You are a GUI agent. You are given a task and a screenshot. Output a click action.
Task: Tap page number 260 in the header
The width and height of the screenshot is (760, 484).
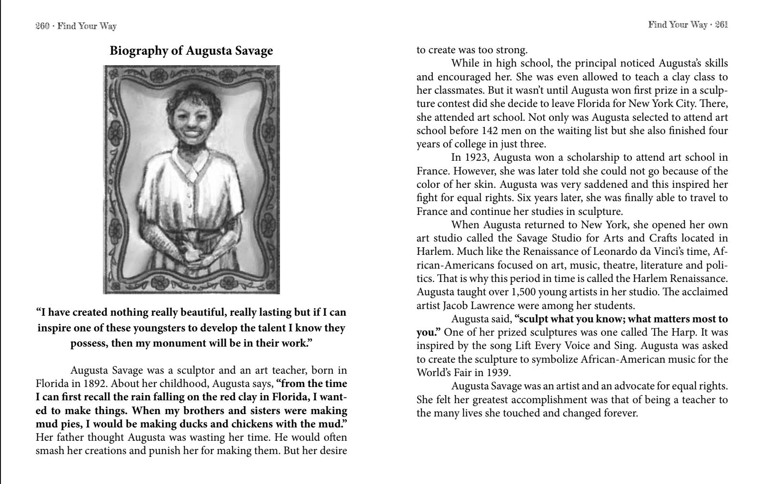pos(42,26)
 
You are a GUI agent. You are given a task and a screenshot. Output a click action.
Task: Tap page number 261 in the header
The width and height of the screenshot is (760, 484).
pos(721,25)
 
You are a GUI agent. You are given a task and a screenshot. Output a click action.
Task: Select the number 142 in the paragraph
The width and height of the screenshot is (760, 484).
pos(491,131)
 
